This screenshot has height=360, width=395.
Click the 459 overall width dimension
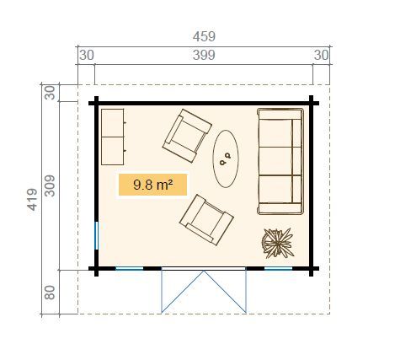click(x=203, y=36)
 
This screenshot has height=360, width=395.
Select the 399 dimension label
click(x=203, y=55)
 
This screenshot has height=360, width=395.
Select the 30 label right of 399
click(x=321, y=55)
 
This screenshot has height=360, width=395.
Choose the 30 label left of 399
click(x=86, y=55)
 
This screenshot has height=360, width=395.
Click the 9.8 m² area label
click(x=152, y=185)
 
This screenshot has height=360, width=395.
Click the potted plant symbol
click(x=278, y=244)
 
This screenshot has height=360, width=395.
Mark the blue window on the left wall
click(x=97, y=235)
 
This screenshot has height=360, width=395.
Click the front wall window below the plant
click(x=278, y=269)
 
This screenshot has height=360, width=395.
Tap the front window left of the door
click(x=128, y=269)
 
